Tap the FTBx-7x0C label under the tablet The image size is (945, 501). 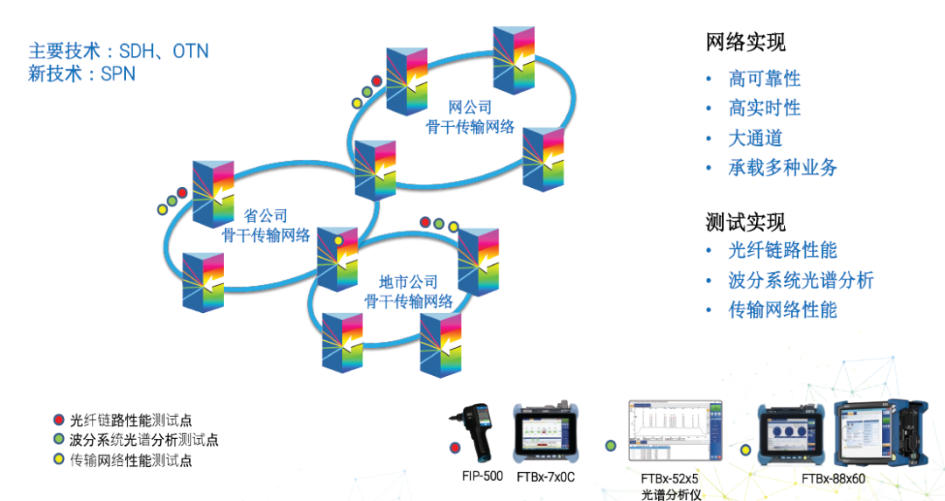[x=545, y=477]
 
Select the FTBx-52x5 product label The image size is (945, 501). [x=669, y=479]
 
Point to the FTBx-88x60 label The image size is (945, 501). [x=833, y=478]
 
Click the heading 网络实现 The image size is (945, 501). [x=745, y=41]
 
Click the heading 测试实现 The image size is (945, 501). [x=745, y=221]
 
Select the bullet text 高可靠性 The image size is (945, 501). [x=765, y=79]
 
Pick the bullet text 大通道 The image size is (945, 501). [x=755, y=138]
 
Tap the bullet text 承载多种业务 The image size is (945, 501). [x=783, y=168]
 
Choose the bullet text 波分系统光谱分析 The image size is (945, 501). [x=801, y=281]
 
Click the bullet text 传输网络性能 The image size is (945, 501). [x=783, y=310]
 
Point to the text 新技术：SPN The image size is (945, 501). [x=82, y=74]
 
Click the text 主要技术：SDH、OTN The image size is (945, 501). [x=119, y=51]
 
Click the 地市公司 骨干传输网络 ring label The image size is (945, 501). [x=409, y=292]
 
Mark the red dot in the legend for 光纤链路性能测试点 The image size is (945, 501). [x=59, y=420]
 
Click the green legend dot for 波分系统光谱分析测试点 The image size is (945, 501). [x=59, y=440]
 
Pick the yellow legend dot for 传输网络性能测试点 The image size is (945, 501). [x=59, y=460]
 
